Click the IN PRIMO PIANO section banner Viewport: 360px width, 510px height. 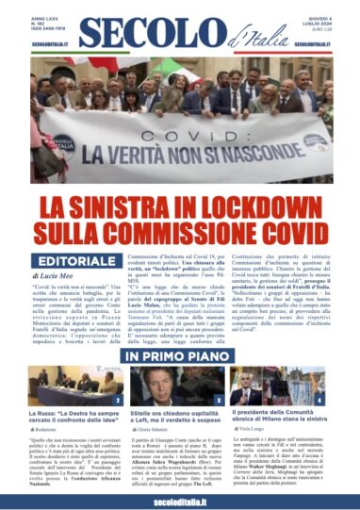pos(180,356)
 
